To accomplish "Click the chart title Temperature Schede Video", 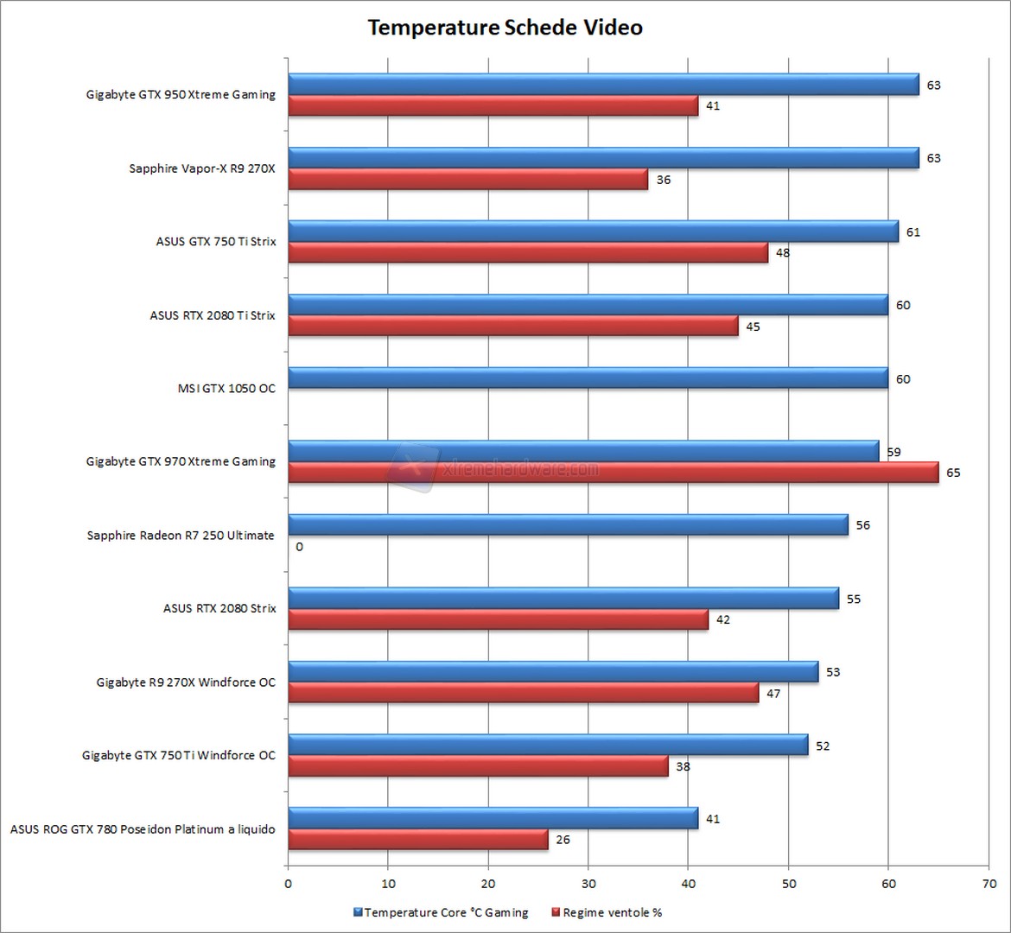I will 505,28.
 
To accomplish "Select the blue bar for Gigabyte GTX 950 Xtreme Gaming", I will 602,84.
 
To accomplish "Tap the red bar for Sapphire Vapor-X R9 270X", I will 467,180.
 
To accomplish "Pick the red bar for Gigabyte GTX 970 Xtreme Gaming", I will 613,473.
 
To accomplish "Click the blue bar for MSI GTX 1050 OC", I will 588,378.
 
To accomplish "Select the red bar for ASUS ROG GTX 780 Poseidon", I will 417,840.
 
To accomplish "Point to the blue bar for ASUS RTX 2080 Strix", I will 563,599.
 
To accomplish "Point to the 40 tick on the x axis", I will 689,883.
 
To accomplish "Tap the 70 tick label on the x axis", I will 989,883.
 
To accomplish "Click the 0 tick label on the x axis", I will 289,883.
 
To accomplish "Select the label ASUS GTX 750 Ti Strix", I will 216,242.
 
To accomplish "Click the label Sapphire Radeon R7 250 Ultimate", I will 181,536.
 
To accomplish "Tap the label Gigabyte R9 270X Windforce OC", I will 186,682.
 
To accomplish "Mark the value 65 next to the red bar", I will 953,473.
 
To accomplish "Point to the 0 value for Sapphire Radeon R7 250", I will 299,547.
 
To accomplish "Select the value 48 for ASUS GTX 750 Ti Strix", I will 783,253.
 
